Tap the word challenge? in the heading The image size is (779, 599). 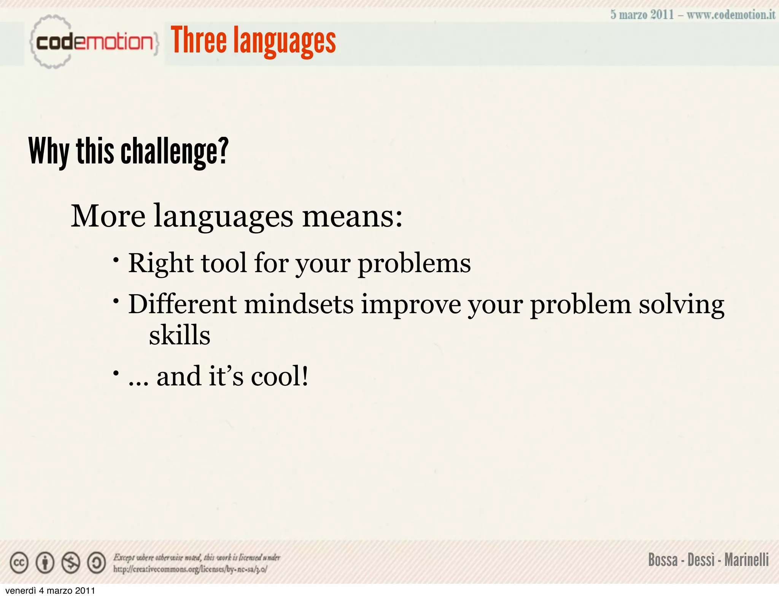175,152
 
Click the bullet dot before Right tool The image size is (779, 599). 116,260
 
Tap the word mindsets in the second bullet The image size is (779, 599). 299,304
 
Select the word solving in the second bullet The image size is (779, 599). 681,304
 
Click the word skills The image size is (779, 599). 180,335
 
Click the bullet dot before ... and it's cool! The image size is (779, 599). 116,373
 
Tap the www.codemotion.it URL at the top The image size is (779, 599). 731,15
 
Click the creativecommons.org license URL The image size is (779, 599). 190,569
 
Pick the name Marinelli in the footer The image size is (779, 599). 746,560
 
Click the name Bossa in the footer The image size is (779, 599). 663,560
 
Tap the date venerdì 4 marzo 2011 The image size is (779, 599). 50,591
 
